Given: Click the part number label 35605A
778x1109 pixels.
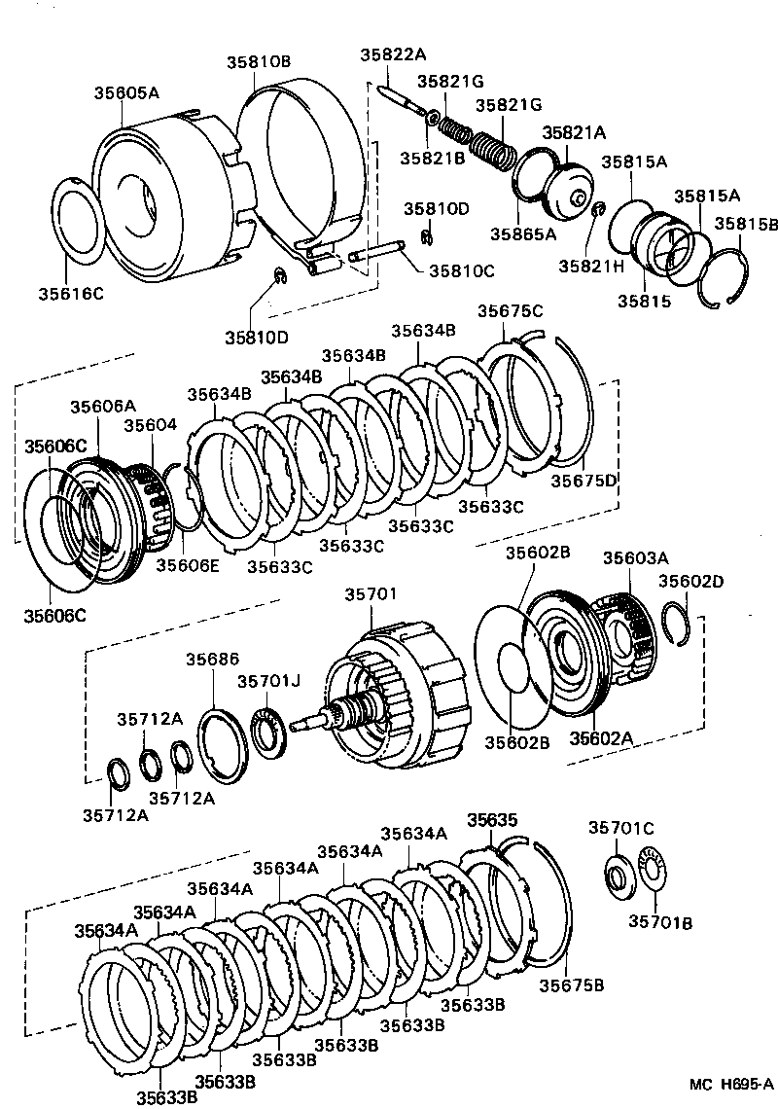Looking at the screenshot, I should (126, 93).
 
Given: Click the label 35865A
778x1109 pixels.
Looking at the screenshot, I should (522, 233).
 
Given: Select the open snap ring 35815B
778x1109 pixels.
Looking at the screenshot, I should (725, 280).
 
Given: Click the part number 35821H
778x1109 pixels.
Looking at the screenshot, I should (590, 264).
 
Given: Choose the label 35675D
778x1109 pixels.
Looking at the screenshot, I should (583, 480).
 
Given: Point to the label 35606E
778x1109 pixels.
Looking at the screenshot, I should (188, 563).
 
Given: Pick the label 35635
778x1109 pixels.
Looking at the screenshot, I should (492, 820).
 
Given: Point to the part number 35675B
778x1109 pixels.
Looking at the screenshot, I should (572, 984).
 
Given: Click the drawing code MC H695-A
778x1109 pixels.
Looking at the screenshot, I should (730, 1086).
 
